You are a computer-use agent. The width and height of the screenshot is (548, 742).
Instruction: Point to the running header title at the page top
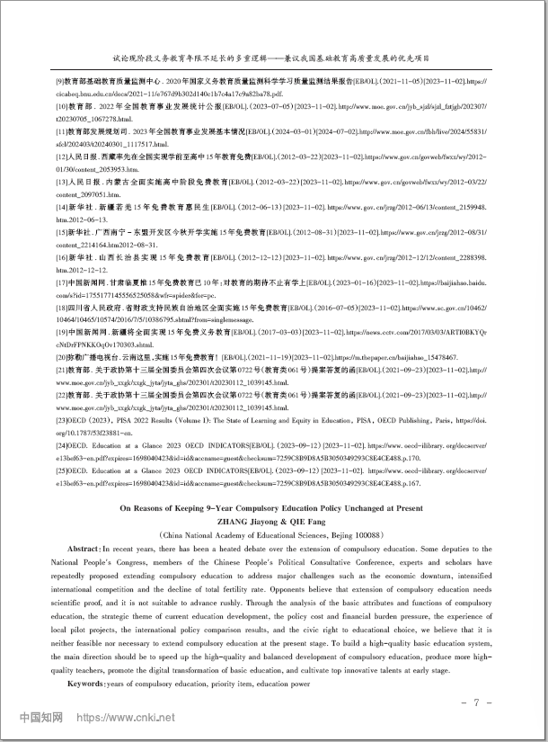coord(273,55)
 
